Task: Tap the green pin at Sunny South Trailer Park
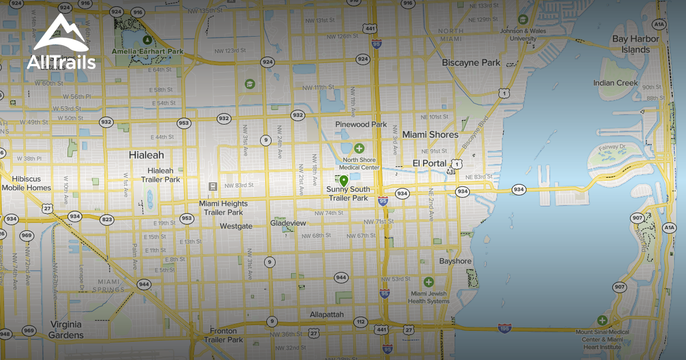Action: point(344,181)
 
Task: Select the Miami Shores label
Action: point(430,135)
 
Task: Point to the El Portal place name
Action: point(429,163)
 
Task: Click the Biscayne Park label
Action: point(471,63)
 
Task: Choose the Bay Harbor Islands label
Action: point(635,45)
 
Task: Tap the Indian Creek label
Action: point(615,83)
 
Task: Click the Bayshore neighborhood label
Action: point(455,261)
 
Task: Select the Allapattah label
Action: point(326,315)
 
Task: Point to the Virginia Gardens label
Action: point(66,330)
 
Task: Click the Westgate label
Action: point(236,226)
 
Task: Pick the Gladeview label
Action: point(288,223)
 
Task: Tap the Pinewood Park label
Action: point(361,125)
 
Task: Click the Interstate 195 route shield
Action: point(504,328)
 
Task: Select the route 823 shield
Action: point(107,219)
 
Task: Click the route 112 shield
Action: point(360,322)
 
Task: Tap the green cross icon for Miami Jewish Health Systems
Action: point(429,282)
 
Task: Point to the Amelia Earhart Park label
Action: point(147,51)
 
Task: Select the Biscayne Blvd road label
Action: point(472,133)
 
